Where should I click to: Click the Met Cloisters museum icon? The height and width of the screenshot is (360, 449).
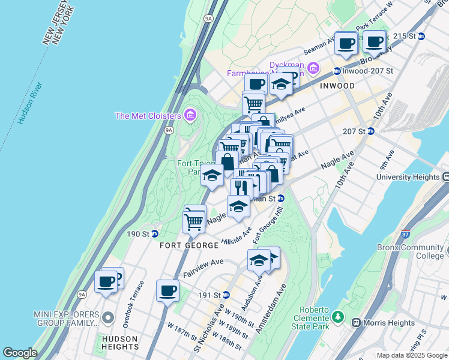(191, 114)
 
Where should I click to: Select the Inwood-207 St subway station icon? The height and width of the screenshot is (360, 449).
(337, 71)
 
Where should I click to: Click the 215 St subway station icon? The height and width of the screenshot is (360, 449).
(421, 36)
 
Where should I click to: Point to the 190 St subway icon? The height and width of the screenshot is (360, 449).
(154, 234)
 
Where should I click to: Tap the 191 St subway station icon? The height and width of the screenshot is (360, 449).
(226, 295)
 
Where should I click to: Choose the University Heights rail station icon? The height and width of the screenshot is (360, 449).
(445, 177)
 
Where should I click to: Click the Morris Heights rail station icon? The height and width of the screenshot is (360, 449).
(357, 323)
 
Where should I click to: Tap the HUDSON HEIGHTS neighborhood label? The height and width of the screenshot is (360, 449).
(120, 343)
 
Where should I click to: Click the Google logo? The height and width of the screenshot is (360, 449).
(20, 353)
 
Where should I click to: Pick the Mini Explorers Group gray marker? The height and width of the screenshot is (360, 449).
(108, 317)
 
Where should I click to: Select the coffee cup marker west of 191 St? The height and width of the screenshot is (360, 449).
(167, 291)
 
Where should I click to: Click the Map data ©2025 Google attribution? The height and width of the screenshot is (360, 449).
(411, 355)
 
